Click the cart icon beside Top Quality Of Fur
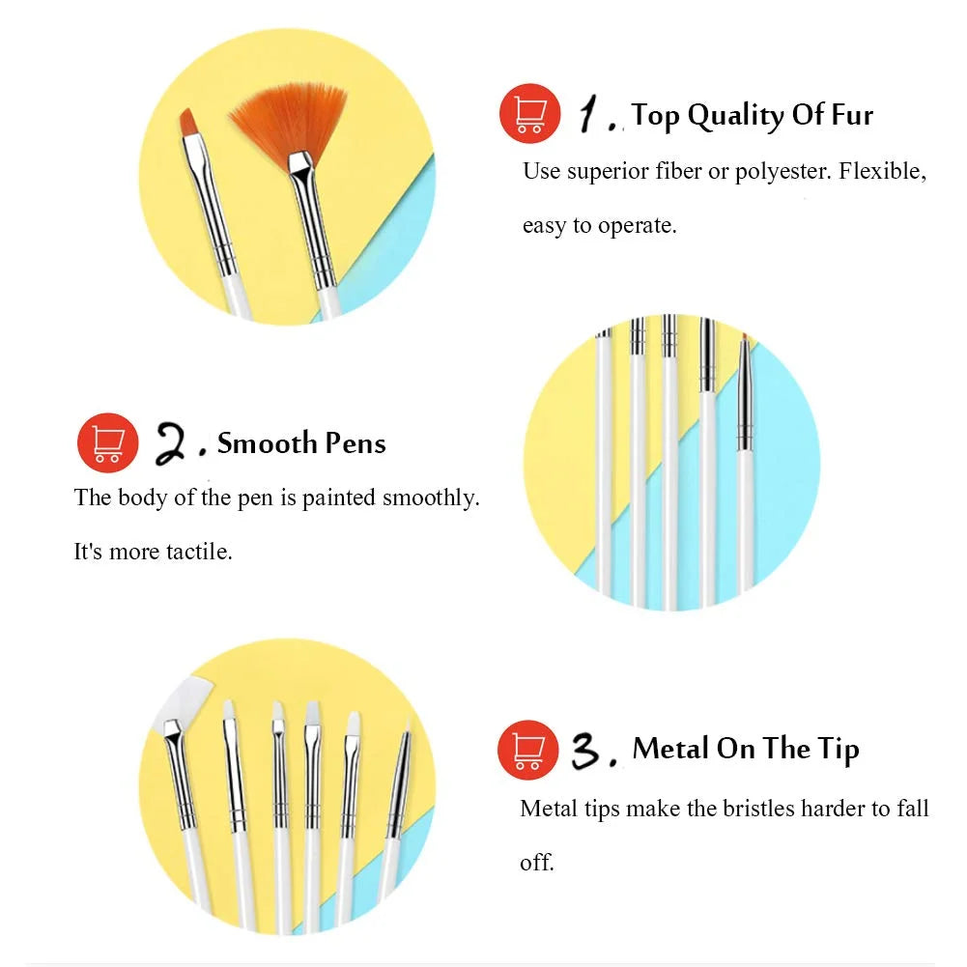529,113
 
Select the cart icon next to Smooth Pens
108,442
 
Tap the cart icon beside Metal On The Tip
527,750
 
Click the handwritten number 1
589,113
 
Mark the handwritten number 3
585,750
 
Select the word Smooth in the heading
267,443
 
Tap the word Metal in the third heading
671,748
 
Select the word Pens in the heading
356,443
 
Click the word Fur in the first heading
852,115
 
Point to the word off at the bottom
536,862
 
